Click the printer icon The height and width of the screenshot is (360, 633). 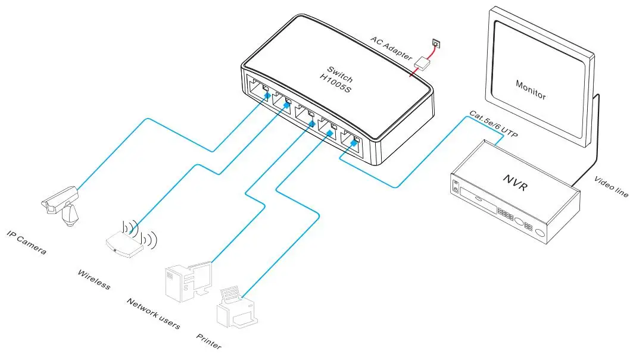tap(238, 309)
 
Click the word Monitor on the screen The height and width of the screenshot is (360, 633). tap(531, 89)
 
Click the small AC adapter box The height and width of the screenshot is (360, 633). tap(423, 62)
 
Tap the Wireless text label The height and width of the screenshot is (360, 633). tap(94, 279)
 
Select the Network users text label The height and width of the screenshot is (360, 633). tap(153, 312)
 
